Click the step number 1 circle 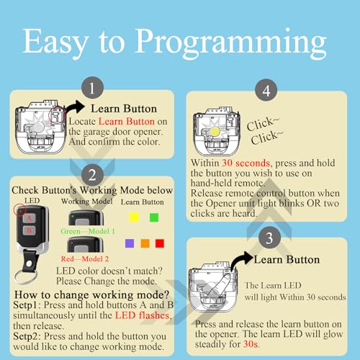pyautogui.click(x=92, y=88)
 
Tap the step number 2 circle pyautogui.click(x=92, y=174)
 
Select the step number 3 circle pyautogui.click(x=269, y=238)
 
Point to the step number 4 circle pyautogui.click(x=266, y=91)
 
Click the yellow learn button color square pyautogui.click(x=134, y=217)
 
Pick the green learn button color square pyautogui.click(x=154, y=217)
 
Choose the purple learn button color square pyautogui.click(x=130, y=243)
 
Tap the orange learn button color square pyautogui.click(x=145, y=243)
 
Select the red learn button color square pyautogui.click(x=160, y=243)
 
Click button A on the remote pyautogui.click(x=29, y=218)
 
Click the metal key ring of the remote pyautogui.click(x=26, y=276)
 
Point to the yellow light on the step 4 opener pyautogui.click(x=215, y=131)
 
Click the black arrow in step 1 pyautogui.click(x=75, y=107)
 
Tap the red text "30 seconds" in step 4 pyautogui.click(x=246, y=163)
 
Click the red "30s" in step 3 pyautogui.click(x=251, y=344)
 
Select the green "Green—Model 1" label pyautogui.click(x=88, y=231)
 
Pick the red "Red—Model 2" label pyautogui.click(x=85, y=258)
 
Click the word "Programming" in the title pyautogui.click(x=231, y=43)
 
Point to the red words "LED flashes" pyautogui.click(x=142, y=315)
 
